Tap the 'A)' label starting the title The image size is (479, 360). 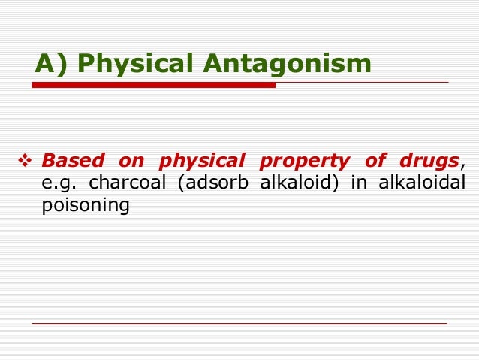click(x=52, y=64)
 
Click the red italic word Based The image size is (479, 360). click(x=73, y=161)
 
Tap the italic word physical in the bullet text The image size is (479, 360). click(x=202, y=161)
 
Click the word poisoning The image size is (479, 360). click(x=86, y=204)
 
